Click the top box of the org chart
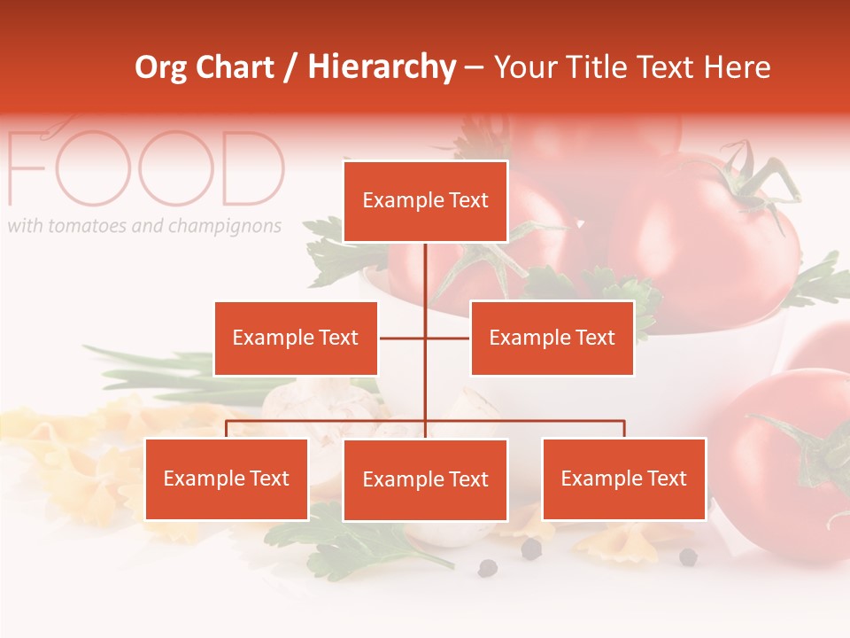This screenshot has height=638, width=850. pyautogui.click(x=425, y=201)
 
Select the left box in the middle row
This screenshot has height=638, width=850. pyautogui.click(x=296, y=338)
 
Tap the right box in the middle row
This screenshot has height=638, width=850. pyautogui.click(x=552, y=338)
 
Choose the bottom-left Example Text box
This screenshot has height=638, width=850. pyautogui.click(x=227, y=478)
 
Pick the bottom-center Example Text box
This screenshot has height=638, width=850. pyautogui.click(x=425, y=479)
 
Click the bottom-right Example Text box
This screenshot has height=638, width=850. pyautogui.click(x=623, y=478)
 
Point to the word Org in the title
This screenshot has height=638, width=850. pyautogui.click(x=159, y=67)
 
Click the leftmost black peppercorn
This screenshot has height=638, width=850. pyautogui.click(x=487, y=568)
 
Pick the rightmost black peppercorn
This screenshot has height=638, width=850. pyautogui.click(x=688, y=556)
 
